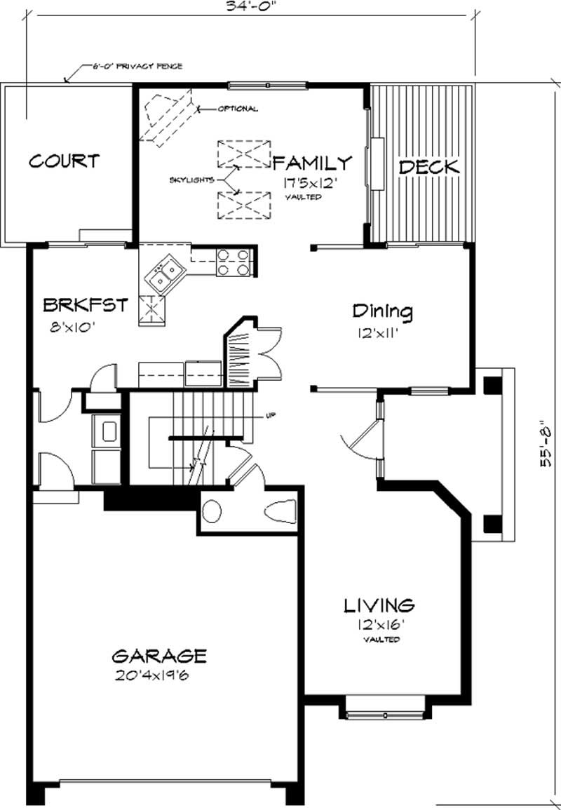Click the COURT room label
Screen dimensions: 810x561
tap(63, 161)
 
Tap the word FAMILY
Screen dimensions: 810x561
tap(311, 163)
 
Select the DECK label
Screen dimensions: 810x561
tap(428, 167)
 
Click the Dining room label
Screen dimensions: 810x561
tap(382, 311)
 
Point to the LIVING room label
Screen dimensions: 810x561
tap(379, 605)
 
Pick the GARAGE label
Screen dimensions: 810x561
tap(160, 656)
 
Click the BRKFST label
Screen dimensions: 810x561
tap(86, 305)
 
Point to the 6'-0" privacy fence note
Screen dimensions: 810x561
tap(137, 67)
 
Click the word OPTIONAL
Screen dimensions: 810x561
tap(238, 109)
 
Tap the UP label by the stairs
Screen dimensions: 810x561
tap(269, 415)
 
